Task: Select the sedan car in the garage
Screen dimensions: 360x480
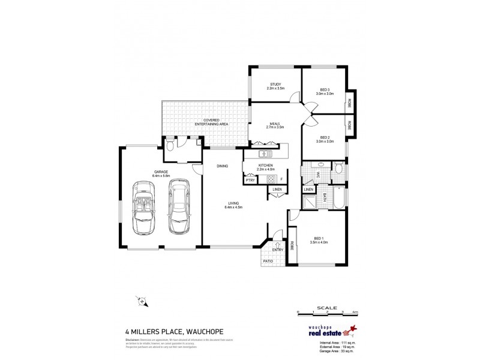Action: (178, 208)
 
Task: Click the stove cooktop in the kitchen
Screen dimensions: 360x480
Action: (271, 179)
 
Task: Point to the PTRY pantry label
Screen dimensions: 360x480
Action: (250, 179)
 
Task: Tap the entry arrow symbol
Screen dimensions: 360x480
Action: (277, 244)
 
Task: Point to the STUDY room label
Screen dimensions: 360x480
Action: (275, 85)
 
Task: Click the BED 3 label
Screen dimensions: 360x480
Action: (325, 89)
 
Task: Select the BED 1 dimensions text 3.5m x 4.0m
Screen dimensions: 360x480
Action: (318, 242)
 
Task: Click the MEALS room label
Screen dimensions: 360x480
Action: (275, 125)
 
